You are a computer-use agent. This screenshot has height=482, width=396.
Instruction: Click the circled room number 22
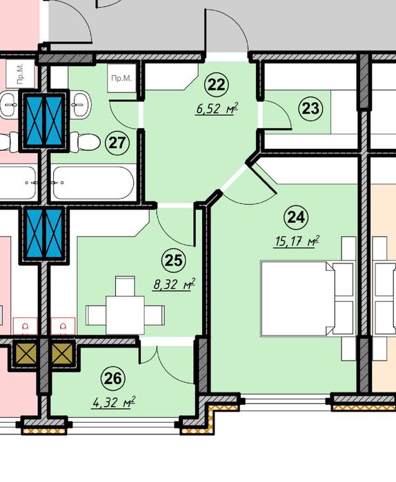[217, 85]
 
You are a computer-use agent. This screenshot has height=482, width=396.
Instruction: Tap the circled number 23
[310, 108]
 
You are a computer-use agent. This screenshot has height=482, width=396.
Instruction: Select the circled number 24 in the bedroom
[297, 217]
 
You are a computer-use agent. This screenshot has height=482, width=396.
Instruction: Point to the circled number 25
[174, 261]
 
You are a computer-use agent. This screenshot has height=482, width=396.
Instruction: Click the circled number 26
[113, 379]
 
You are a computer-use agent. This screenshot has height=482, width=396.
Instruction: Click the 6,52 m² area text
[217, 108]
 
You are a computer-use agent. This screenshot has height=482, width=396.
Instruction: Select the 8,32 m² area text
[175, 284]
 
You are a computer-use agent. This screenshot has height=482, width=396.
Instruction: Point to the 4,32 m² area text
[113, 402]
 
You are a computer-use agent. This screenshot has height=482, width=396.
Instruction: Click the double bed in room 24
[297, 299]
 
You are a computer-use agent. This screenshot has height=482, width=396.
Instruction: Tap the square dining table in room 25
[125, 315]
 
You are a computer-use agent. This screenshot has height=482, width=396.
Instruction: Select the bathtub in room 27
[94, 183]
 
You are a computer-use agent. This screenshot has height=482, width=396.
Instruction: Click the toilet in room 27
[85, 142]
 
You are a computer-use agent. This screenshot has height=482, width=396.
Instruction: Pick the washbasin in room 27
[81, 105]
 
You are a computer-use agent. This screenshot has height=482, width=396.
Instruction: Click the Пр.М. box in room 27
[121, 78]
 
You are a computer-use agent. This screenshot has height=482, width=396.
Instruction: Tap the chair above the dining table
[125, 286]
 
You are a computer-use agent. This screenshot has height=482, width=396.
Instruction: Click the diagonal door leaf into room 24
[261, 178]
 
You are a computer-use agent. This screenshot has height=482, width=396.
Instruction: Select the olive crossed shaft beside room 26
[62, 354]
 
